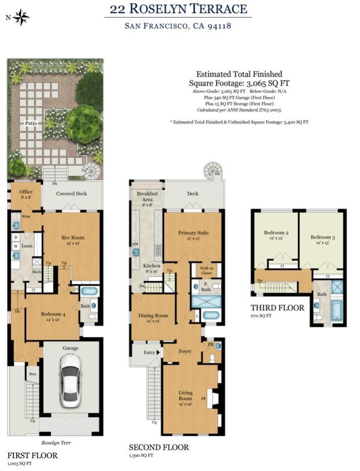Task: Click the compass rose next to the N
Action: pos(21,17)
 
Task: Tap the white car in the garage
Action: pos(69,380)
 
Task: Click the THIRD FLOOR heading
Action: pos(278,308)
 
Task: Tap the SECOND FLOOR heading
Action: pos(158,447)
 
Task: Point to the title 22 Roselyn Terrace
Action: pos(178,9)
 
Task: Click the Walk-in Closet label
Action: pos(206,270)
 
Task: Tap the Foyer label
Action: pos(185,351)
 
